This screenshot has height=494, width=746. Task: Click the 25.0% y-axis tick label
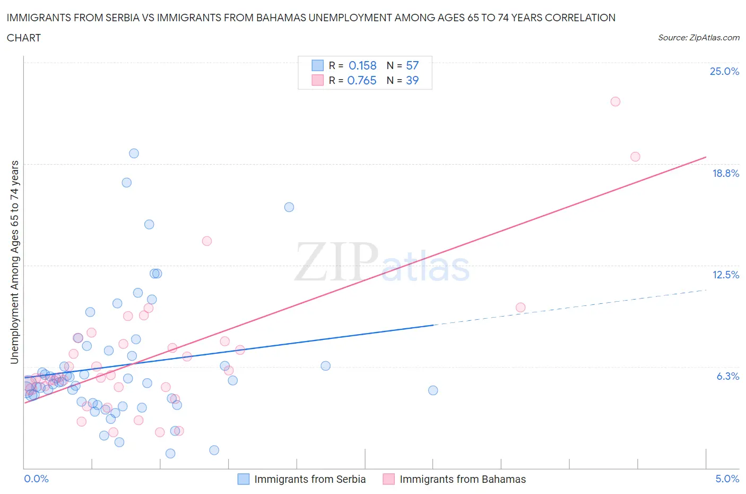coord(724,72)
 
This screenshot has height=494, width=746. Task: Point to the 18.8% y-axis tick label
coord(725,173)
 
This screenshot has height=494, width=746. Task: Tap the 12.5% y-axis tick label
coord(725,275)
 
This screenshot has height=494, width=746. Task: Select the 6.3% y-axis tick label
coord(727,376)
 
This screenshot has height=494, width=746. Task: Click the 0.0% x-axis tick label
coord(36,479)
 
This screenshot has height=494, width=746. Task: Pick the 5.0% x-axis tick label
coord(727,479)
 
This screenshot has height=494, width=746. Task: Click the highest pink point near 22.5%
coord(615,101)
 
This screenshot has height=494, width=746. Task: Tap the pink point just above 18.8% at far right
coord(635,157)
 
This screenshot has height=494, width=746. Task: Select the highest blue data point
coord(134,154)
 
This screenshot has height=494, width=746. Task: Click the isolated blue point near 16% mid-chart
coord(289,207)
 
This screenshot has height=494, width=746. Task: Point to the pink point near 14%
coord(207,241)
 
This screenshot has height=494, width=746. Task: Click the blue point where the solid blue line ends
coord(433,390)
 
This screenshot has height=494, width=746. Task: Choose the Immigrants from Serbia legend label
coord(310,479)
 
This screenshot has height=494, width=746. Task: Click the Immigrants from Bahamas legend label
coord(463,479)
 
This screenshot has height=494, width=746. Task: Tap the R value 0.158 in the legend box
coord(362,65)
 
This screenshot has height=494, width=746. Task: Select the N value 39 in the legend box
coord(412,80)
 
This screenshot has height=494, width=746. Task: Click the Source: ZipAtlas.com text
coord(698,38)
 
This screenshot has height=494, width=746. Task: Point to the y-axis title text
coord(15,262)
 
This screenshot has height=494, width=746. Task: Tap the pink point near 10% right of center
coord(521,308)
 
